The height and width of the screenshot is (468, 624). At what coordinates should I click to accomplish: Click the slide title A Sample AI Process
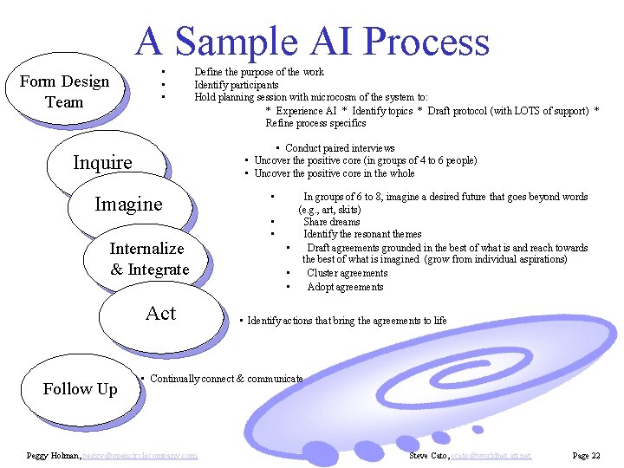[313, 42]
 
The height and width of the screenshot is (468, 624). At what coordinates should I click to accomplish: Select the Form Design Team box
[64, 92]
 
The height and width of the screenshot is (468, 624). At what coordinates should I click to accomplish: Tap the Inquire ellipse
[103, 163]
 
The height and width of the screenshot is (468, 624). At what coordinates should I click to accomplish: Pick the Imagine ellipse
[128, 205]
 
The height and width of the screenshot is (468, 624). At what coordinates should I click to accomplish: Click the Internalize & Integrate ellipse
[148, 259]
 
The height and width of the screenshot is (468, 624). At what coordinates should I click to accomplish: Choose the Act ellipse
[160, 314]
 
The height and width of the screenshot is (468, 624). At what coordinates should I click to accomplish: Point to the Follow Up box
[80, 389]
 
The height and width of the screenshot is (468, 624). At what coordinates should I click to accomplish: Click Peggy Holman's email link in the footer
[140, 455]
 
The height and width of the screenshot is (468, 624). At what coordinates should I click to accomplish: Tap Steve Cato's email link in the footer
[495, 455]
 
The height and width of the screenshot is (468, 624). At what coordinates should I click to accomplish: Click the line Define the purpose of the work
[259, 72]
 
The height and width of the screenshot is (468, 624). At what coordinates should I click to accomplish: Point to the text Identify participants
[237, 85]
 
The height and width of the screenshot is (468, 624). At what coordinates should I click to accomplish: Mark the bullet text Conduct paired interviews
[340, 148]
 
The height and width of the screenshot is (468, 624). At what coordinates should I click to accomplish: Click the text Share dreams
[332, 222]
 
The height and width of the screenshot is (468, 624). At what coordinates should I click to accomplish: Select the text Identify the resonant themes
[362, 234]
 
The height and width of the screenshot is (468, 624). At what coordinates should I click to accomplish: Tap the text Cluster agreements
[348, 273]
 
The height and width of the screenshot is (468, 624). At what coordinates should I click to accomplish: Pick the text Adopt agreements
[345, 287]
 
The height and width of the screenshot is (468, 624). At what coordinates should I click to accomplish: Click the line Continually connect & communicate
[226, 379]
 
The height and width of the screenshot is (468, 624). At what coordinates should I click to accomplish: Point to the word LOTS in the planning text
[504, 110]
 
